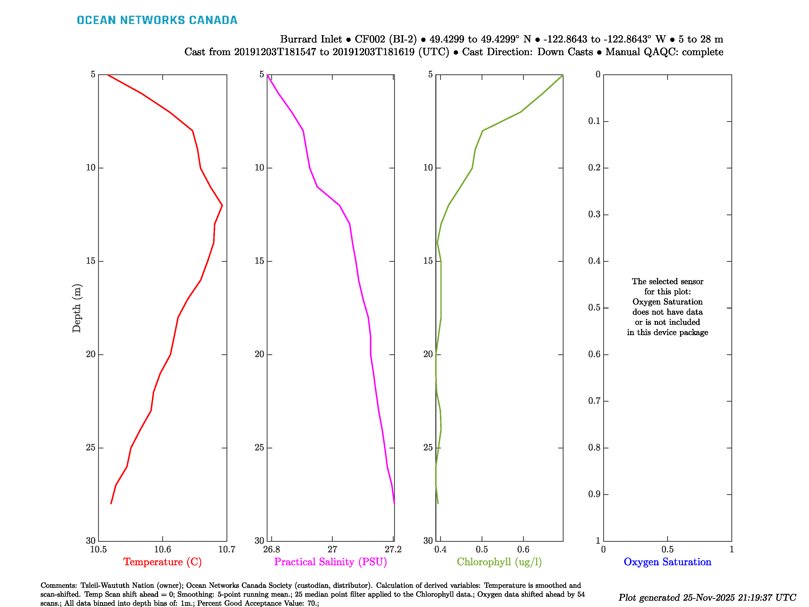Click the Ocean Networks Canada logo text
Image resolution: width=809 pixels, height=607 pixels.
pos(157,20)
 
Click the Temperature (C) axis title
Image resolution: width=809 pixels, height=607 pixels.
pos(162,562)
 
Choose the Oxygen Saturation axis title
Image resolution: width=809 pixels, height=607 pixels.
pos(667,562)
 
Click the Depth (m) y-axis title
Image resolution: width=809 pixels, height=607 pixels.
pos(76,308)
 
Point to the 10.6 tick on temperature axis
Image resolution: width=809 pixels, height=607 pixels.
pos(162,549)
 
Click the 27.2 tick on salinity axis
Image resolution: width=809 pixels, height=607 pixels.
pos(393,549)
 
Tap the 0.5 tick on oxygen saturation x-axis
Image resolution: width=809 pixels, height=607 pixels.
pos(667,549)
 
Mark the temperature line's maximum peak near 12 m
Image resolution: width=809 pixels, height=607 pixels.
pos(222,206)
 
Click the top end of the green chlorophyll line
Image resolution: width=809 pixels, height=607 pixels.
pos(562,75)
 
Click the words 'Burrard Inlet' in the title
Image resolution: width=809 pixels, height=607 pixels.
pos(311,39)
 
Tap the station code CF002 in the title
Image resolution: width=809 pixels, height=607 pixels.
pos(370,39)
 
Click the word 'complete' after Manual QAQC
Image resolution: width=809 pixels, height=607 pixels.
pos(702,52)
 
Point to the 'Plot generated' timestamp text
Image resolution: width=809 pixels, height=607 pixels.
pos(707,597)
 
